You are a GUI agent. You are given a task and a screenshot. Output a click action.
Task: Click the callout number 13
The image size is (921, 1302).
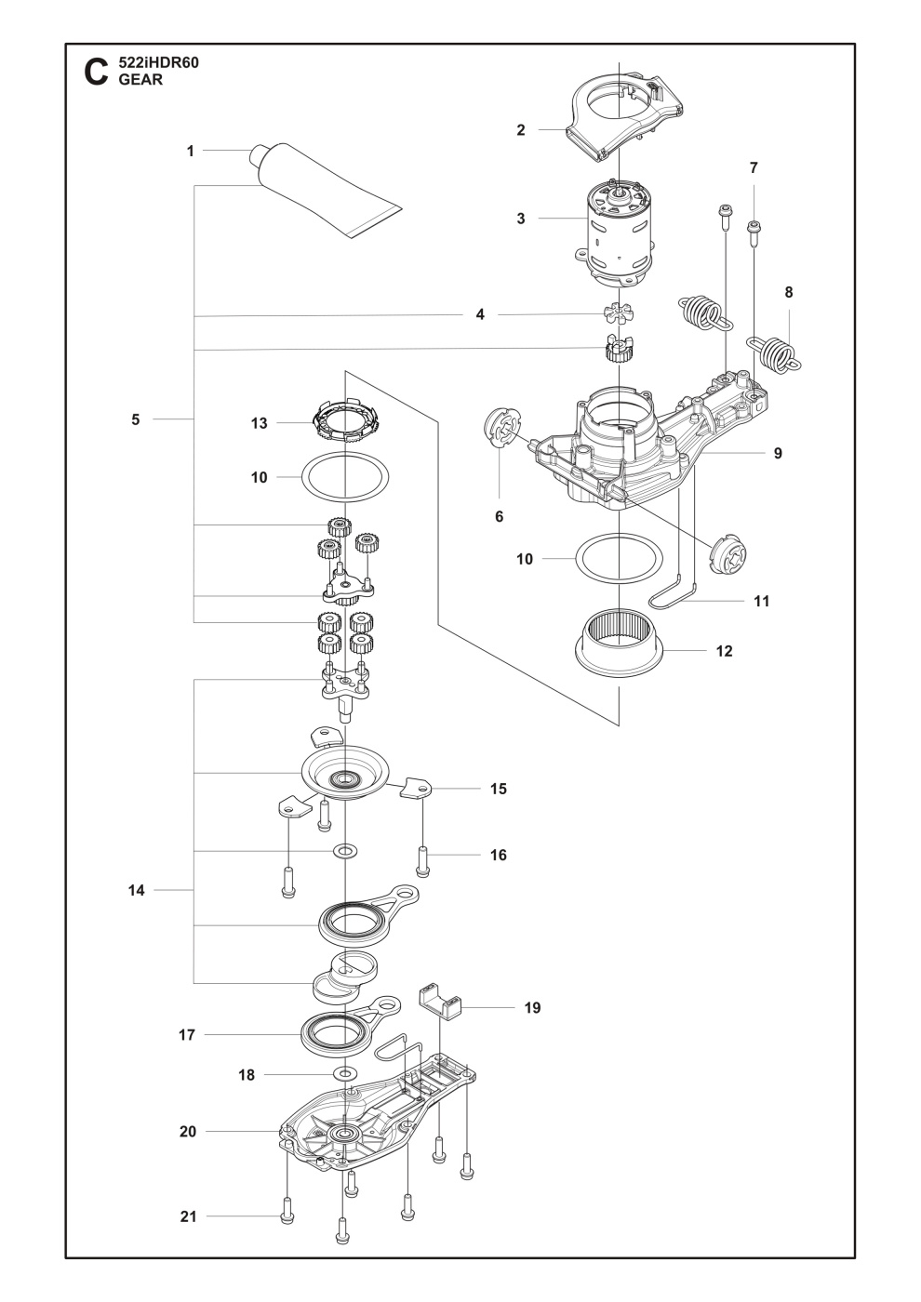coord(259,423)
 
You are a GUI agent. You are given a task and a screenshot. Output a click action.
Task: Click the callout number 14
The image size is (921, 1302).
coord(137,890)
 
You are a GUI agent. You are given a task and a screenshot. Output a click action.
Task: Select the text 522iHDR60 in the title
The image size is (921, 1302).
coord(159,63)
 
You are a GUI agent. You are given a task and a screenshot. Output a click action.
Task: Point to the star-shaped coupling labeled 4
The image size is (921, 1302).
coord(617,313)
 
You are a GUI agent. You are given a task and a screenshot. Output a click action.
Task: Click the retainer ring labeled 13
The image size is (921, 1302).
coord(345,422)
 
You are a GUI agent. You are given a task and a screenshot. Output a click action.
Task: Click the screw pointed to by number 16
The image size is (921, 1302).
coord(423,859)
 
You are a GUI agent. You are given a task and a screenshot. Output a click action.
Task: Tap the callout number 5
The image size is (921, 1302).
coord(136,419)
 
